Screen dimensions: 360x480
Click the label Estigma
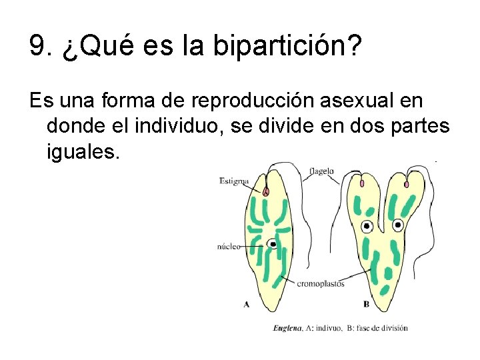[x=234, y=181]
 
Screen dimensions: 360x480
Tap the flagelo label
[x=322, y=171]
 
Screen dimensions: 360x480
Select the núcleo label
[x=229, y=246]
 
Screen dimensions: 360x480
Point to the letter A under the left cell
[x=247, y=304]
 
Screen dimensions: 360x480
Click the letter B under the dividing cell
[x=366, y=304]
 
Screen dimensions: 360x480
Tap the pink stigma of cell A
[x=266, y=191]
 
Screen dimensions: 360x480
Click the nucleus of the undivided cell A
[x=273, y=244]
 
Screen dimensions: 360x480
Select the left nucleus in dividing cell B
[x=367, y=227]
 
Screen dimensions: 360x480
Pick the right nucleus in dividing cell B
[x=398, y=225]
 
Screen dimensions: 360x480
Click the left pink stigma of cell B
[x=362, y=183]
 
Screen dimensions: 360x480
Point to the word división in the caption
[x=392, y=327]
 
